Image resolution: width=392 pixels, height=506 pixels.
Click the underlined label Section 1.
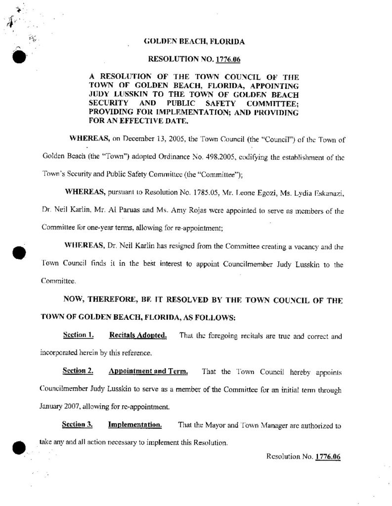tap(79, 336)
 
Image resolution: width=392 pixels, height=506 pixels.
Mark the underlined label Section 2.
tap(78, 371)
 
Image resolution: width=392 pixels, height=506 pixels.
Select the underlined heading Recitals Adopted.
tap(138, 336)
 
